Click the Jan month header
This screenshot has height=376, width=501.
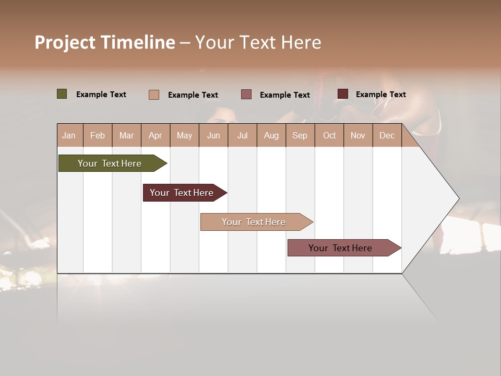[69, 135]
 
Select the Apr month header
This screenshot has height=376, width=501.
[156, 135]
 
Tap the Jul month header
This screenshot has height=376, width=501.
[242, 135]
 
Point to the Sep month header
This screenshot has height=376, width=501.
[300, 135]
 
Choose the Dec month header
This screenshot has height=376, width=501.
[387, 135]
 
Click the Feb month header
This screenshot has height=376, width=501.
[98, 135]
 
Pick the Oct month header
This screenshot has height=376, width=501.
[329, 135]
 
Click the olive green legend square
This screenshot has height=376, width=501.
[62, 94]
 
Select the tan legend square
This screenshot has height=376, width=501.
[154, 95]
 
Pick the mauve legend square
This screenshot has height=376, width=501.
[246, 95]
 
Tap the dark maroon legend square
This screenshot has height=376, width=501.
[343, 94]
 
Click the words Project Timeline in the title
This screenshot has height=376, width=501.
[104, 42]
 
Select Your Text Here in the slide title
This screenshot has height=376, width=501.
[258, 42]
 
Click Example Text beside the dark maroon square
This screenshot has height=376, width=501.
[380, 95]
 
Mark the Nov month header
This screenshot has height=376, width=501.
[358, 135]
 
